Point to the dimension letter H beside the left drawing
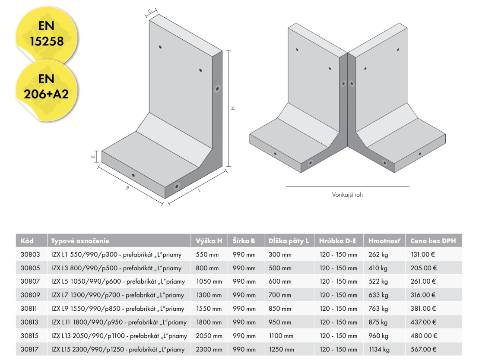pyautogui.click(x=233, y=108)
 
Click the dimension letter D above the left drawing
pyautogui.click(x=150, y=12)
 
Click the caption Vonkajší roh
pyautogui.click(x=347, y=195)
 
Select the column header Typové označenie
pyautogui.click(x=80, y=241)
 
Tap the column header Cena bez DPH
pyautogui.click(x=433, y=241)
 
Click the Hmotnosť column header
pyautogui.click(x=384, y=241)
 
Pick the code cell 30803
pyautogui.click(x=30, y=255)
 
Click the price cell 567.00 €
pyautogui.click(x=423, y=350)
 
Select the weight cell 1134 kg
pyautogui.click(x=380, y=350)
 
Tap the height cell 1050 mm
pyautogui.click(x=209, y=281)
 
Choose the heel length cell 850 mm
pyautogui.click(x=280, y=309)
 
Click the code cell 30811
pyautogui.click(x=30, y=309)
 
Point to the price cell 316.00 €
pyautogui.click(x=423, y=295)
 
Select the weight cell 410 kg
pyautogui.click(x=378, y=268)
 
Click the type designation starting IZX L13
pyautogui.click(x=119, y=336)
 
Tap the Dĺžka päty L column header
pyautogui.click(x=289, y=241)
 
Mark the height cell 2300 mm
pyautogui.click(x=209, y=350)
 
